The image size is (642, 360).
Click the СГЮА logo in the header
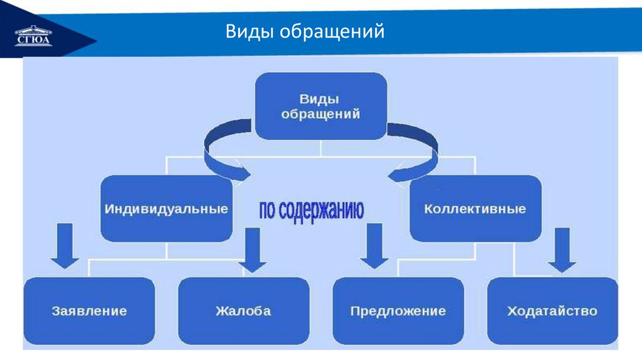tap(33, 35)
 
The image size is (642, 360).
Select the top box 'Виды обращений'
tap(320, 106)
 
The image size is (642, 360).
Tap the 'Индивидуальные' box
tap(166, 209)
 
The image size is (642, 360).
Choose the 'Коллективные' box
tap(475, 209)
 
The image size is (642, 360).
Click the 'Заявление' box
tap(89, 310)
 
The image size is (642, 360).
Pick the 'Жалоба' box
tap(243, 310)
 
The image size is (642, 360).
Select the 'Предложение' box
tap(398, 310)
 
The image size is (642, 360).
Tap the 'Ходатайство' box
tap(552, 310)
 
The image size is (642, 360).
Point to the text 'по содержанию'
tap(312, 210)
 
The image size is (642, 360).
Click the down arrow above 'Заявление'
tap(65, 245)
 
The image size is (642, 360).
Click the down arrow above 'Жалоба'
tap(253, 250)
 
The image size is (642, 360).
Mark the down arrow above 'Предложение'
tap(375, 246)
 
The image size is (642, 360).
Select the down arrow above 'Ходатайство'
tap(562, 250)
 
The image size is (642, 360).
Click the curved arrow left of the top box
tap(223, 151)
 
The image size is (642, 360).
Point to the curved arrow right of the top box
tap(417, 151)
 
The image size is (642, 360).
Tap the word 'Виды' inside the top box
tap(320, 98)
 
